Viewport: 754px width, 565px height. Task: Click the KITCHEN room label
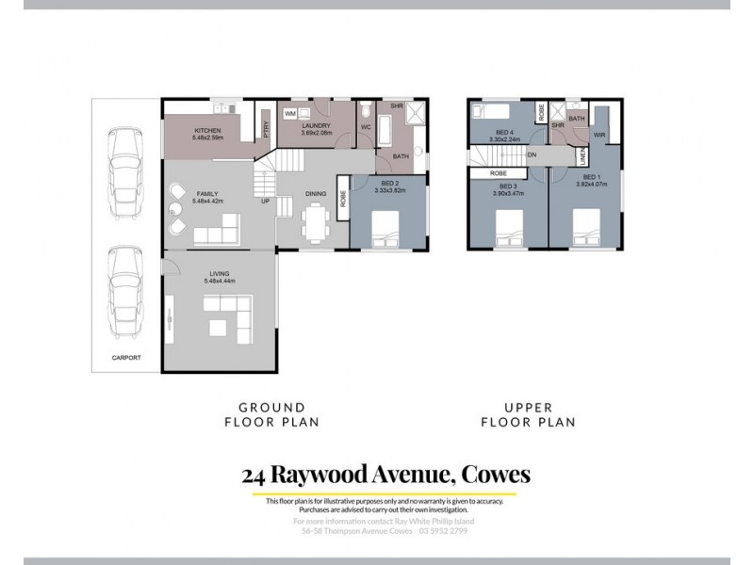pyautogui.click(x=207, y=130)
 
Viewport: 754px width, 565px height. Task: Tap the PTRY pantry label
pyautogui.click(x=267, y=129)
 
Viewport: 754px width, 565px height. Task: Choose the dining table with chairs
pyautogui.click(x=315, y=222)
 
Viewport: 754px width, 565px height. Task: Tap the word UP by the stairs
pyautogui.click(x=267, y=201)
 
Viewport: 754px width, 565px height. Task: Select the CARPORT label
pyautogui.click(x=126, y=358)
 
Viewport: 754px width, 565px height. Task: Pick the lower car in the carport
pyautogui.click(x=125, y=292)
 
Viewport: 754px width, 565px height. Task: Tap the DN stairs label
pyautogui.click(x=533, y=154)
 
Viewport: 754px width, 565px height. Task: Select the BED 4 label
pyautogui.click(x=504, y=132)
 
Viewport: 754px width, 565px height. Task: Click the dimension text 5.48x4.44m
pyautogui.click(x=221, y=282)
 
